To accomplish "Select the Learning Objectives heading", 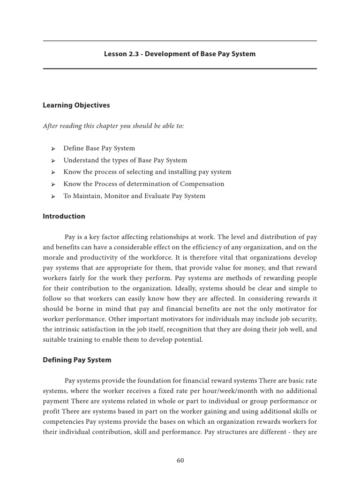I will [x=76, y=105].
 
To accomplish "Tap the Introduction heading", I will [x=64, y=217].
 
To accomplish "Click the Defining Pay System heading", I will [x=77, y=360].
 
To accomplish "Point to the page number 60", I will [x=180, y=460].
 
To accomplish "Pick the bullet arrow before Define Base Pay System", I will [x=53, y=149].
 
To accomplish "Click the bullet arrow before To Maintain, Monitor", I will [x=53, y=196].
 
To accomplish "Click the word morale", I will [x=54, y=257].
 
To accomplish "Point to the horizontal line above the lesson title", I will [x=180, y=41].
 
